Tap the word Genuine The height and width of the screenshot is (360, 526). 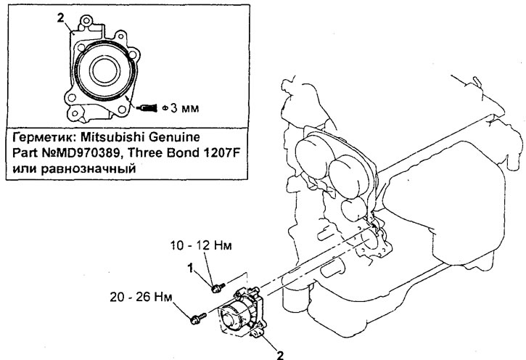(177, 136)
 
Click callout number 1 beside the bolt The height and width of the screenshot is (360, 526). (193, 269)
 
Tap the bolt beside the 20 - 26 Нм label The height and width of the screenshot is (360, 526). (195, 318)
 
